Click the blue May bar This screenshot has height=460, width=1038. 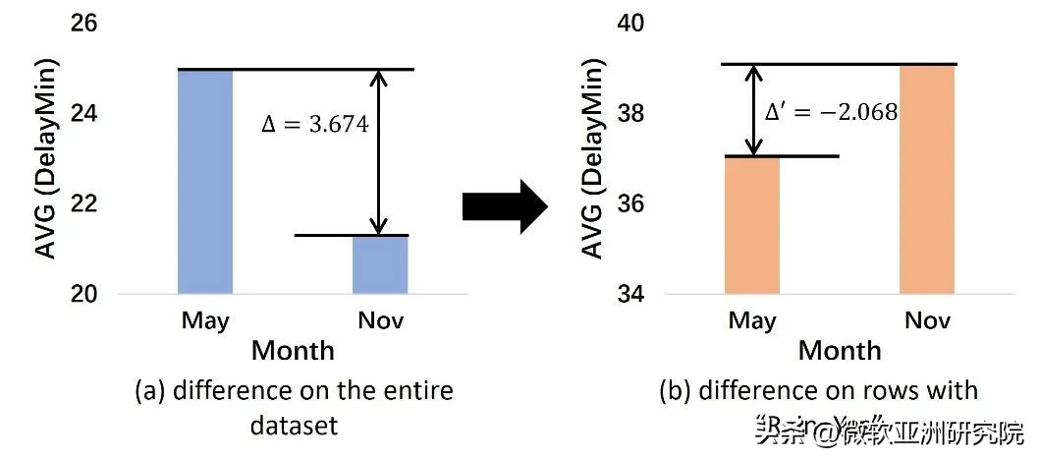tap(205, 181)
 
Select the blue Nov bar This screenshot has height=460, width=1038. tap(380, 264)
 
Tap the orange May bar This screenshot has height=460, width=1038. tap(752, 225)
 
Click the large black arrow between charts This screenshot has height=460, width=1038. tap(504, 206)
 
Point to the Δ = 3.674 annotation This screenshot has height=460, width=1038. tap(313, 126)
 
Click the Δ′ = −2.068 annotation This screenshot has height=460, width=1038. tap(831, 111)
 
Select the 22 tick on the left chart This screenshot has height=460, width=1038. tap(84, 203)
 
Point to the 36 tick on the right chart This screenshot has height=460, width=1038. tap(631, 203)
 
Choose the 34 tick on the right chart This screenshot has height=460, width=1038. tap(631, 294)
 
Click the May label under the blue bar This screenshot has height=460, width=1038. tap(205, 320)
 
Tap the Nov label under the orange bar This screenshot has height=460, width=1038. tap(928, 320)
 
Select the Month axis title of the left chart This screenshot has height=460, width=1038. tap(293, 350)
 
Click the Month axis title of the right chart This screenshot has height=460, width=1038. tap(840, 350)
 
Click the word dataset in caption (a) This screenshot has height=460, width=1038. tap(294, 425)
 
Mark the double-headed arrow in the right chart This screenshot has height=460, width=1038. tap(752, 110)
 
